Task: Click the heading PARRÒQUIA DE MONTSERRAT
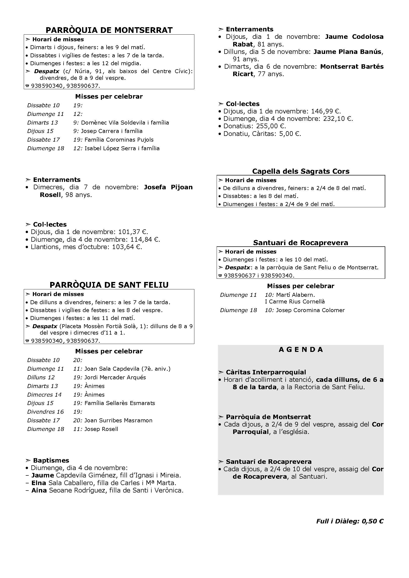click(x=109, y=30)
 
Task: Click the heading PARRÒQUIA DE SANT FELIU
click(x=109, y=285)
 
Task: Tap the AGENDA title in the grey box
click(x=301, y=349)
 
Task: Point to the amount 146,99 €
click(x=326, y=111)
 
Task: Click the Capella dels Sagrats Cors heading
click(x=301, y=171)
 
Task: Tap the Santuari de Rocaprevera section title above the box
click(x=301, y=243)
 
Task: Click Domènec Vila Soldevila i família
click(x=125, y=123)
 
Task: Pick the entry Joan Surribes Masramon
click(x=118, y=420)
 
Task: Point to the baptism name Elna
click(x=39, y=483)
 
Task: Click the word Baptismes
click(x=51, y=460)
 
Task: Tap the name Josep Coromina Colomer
click(x=310, y=310)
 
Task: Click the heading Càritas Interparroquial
click(x=266, y=372)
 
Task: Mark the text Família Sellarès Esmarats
click(x=120, y=403)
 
